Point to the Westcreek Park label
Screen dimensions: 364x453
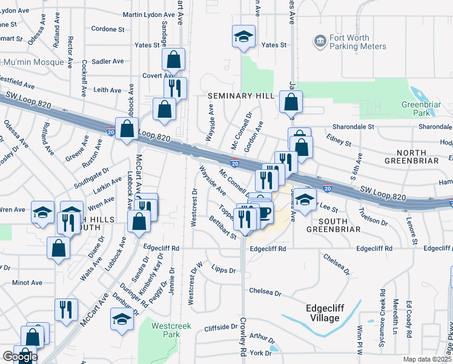click(x=171, y=330)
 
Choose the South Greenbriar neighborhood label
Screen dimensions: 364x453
click(x=334, y=224)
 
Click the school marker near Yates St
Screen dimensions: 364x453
click(x=243, y=36)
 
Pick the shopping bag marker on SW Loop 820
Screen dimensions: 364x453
click(x=127, y=129)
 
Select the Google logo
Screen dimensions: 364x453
click(x=19, y=357)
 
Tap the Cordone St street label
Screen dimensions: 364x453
click(x=108, y=29)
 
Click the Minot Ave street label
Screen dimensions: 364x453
click(x=27, y=283)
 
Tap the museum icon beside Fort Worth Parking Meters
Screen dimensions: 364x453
click(x=319, y=42)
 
